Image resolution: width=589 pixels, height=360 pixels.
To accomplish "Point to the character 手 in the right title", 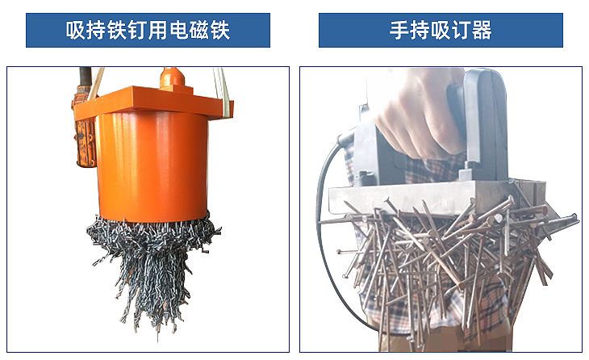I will (x=399, y=31).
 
